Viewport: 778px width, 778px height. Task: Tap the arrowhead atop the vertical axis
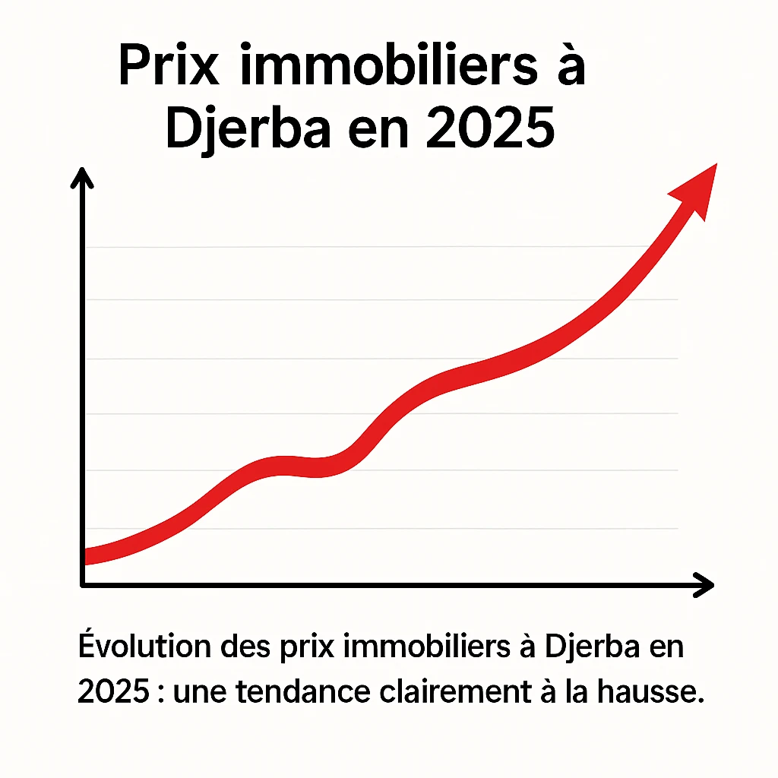coord(81,179)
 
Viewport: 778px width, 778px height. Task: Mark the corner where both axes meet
coord(82,583)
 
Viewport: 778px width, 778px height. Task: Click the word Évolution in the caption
coord(143,647)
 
